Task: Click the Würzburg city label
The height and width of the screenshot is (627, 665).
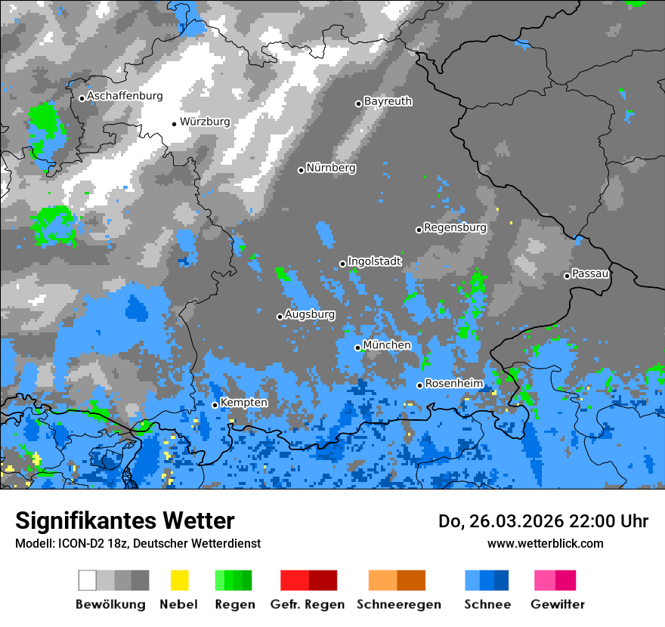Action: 205,122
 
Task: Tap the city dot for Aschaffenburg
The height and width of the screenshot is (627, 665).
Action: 82,98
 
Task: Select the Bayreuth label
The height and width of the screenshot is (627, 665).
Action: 388,101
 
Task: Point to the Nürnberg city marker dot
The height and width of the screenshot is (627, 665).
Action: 301,170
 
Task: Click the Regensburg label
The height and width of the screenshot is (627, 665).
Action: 455,227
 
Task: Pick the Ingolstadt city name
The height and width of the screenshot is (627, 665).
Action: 375,261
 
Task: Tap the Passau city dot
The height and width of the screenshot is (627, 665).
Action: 567,276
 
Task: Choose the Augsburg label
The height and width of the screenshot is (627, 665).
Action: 310,314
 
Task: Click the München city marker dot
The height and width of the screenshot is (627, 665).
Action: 358,347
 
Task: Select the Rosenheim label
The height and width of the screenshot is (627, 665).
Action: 453,384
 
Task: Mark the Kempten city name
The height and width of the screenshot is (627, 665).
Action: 243,403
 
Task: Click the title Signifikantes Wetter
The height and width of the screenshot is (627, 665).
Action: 125,520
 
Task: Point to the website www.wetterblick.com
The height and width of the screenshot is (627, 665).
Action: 545,543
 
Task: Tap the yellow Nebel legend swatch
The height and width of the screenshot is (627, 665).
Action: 179,580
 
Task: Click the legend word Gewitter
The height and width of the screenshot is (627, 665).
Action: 558,604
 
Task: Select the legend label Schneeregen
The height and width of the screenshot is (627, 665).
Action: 398,604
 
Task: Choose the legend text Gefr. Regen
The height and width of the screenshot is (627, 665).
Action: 308,604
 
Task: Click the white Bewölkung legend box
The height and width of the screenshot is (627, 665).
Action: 88,580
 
